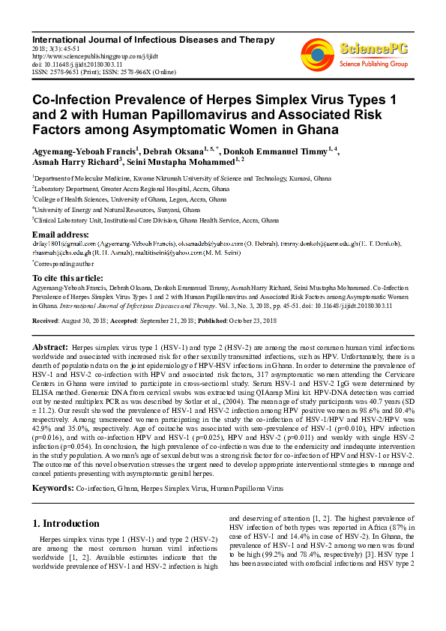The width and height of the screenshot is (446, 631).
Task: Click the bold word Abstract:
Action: tap(50, 348)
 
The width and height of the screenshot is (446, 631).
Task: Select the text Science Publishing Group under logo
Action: tap(373, 64)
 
